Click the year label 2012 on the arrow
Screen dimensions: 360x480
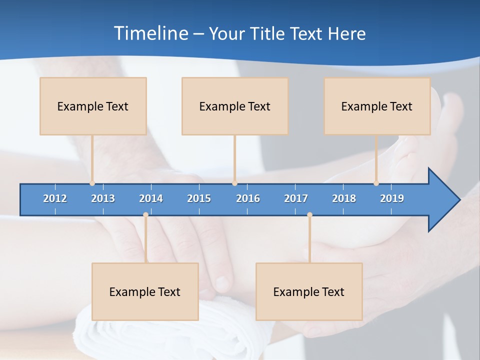55,198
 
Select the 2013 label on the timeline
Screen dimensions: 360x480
103,198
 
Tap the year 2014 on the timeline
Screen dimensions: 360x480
151,198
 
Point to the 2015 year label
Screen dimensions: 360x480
199,198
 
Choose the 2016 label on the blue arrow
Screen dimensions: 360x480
248,198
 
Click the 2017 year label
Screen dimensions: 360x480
296,198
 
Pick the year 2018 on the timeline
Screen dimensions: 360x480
344,198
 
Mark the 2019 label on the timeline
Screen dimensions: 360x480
392,198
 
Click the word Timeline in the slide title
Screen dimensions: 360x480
150,33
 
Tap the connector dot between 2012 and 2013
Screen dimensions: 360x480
92,183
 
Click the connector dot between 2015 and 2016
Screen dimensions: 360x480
234,183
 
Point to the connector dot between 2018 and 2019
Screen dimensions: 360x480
376,183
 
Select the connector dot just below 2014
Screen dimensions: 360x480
145,215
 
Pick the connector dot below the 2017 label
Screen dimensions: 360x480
309,215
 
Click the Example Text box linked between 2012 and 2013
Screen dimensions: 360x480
93,106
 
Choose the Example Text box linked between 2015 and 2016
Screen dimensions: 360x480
235,106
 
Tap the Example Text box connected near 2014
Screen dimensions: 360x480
145,291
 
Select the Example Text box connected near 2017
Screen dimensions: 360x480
309,291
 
